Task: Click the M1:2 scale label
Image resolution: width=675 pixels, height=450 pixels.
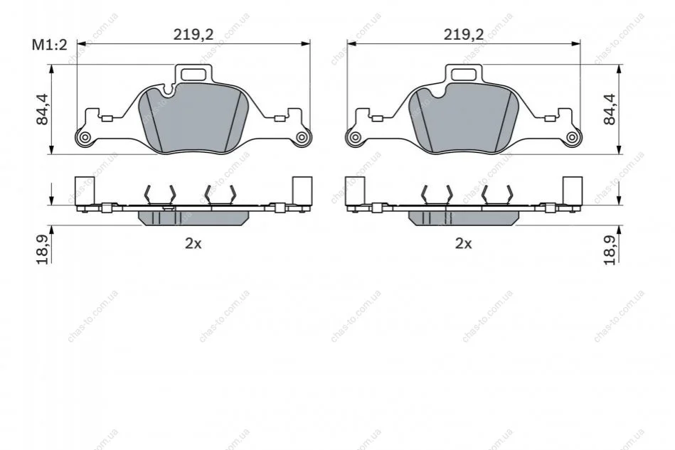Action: point(50,45)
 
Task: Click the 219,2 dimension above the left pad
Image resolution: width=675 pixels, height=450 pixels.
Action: point(193,34)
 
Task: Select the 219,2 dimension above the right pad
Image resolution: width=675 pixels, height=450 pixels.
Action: point(464,34)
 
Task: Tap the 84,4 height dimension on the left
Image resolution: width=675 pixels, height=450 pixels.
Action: point(43,109)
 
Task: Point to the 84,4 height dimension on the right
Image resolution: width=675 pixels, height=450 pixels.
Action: point(610,109)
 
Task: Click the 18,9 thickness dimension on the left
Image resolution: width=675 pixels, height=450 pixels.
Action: point(43,250)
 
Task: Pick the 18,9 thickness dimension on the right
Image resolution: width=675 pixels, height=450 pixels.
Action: point(610,250)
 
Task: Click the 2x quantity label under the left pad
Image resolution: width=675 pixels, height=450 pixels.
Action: point(193,244)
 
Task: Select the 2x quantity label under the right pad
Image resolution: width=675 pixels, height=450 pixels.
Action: point(464,244)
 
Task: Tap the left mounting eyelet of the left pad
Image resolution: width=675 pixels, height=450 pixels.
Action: point(85,137)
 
